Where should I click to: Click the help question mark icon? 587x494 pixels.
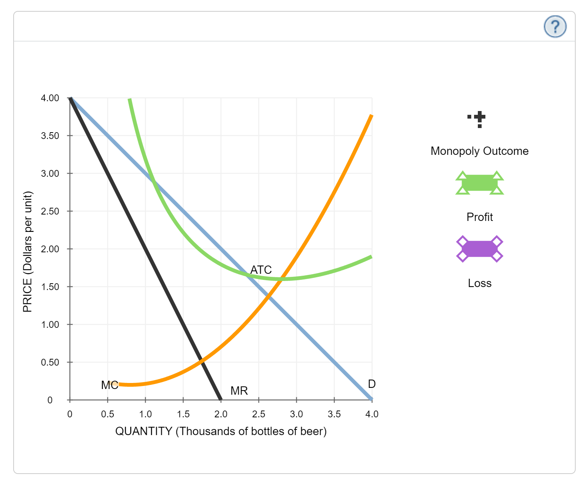tap(555, 26)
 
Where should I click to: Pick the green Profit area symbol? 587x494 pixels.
tap(479, 183)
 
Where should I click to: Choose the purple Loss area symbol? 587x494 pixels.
tap(479, 249)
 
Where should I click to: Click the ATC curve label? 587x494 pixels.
tap(261, 270)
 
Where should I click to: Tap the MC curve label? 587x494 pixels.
tap(110, 385)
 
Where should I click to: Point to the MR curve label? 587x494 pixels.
tap(239, 391)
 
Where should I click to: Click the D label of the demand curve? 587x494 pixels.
tap(372, 384)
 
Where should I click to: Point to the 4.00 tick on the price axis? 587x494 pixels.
tap(50, 98)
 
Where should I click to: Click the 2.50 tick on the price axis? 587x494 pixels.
tap(50, 211)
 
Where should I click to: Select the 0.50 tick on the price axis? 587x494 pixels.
tap(50, 362)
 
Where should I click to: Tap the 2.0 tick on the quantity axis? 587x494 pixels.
tap(221, 414)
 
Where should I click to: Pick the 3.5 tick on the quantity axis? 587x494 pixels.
tap(334, 414)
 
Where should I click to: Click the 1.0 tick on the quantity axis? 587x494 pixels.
tap(145, 414)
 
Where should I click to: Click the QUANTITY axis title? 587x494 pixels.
tap(221, 431)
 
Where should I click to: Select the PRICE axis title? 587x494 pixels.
tap(28, 252)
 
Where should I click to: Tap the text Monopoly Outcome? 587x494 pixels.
tap(479, 151)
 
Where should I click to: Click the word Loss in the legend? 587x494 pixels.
tap(479, 283)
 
